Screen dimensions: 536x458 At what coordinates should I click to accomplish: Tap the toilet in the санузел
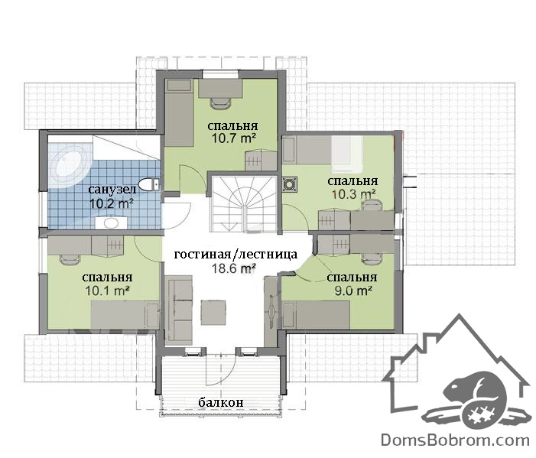click(x=149, y=184)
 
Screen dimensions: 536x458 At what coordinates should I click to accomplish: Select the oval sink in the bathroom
click(x=111, y=223)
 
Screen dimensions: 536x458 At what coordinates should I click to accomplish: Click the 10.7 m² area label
click(x=234, y=138)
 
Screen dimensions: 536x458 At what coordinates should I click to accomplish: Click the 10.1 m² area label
click(x=107, y=291)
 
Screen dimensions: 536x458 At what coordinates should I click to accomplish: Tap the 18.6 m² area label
click(x=234, y=268)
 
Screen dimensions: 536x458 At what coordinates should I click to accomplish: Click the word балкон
click(x=221, y=402)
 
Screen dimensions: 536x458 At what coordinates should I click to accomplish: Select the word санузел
click(x=112, y=189)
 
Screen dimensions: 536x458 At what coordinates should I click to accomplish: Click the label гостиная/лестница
click(x=236, y=255)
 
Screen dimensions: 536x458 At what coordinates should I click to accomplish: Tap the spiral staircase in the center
click(x=245, y=203)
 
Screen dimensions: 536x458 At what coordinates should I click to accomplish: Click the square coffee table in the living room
click(x=213, y=313)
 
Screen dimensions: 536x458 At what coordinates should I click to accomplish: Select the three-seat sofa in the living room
click(x=178, y=308)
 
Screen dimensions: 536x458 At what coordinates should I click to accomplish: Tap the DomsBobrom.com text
click(x=455, y=440)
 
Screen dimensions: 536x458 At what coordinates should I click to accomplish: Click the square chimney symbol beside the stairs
click(x=291, y=184)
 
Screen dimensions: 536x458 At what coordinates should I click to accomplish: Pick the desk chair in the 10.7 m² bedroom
click(x=220, y=103)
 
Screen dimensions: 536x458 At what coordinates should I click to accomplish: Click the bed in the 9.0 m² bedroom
click(x=316, y=315)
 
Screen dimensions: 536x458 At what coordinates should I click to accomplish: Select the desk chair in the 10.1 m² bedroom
click(x=70, y=259)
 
